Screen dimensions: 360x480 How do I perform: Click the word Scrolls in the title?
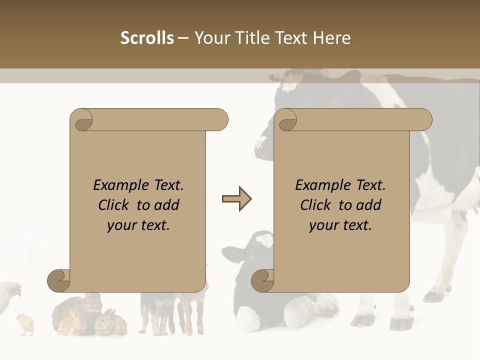point(147,38)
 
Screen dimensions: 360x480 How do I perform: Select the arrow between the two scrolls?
point(236,199)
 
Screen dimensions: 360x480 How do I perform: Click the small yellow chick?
point(24,323)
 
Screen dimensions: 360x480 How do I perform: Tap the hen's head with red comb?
point(16,288)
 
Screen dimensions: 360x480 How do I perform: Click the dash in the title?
point(183,38)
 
